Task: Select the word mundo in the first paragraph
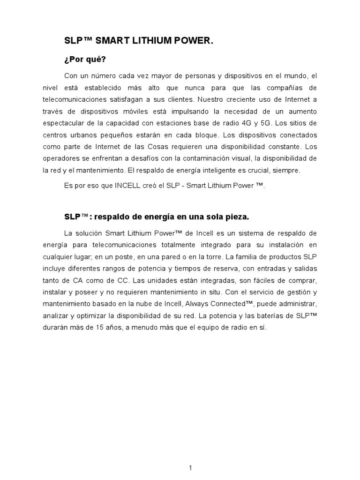[294, 75]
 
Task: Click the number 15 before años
[105, 328]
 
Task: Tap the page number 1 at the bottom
[191, 468]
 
